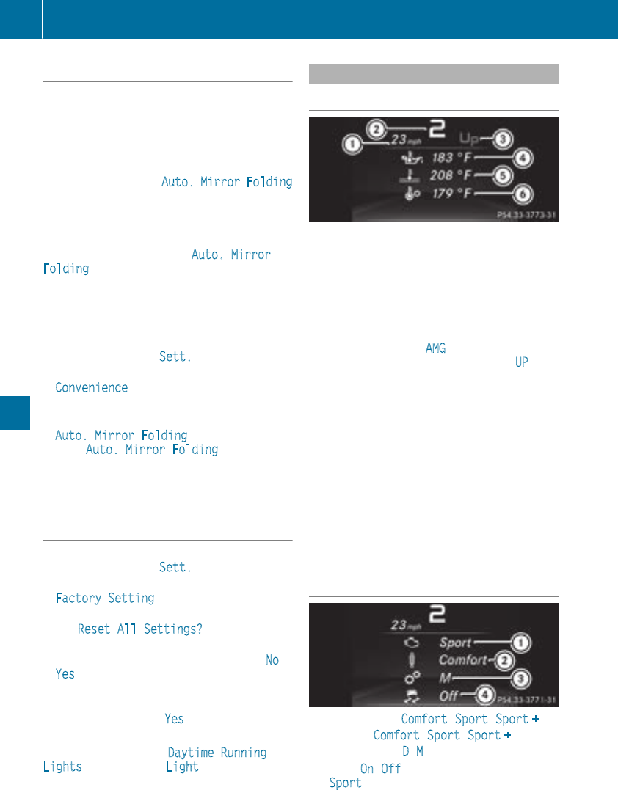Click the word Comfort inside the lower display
click(x=462, y=660)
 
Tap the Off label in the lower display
click(x=449, y=695)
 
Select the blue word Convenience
click(x=92, y=387)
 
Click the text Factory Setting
click(x=105, y=598)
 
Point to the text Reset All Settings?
click(x=140, y=629)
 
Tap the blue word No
click(x=272, y=659)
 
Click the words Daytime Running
click(x=217, y=753)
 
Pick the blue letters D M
click(x=412, y=752)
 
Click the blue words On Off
click(x=380, y=768)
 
